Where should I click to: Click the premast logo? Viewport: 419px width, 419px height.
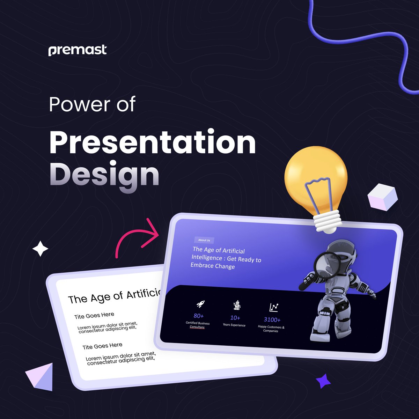pos(78,50)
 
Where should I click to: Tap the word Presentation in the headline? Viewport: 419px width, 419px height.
pos(153,142)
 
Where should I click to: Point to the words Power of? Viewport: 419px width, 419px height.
pos(92,104)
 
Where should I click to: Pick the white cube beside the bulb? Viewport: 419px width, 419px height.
pos(382,197)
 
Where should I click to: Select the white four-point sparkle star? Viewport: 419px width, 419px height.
pos(40,249)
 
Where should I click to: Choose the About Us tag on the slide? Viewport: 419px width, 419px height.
pos(204,240)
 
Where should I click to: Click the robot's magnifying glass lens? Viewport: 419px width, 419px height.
pos(327,266)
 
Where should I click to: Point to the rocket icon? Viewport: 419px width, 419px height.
pos(200,304)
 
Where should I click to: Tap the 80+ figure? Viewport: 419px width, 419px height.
pos(199,316)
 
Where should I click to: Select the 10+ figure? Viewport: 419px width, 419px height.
pos(235,318)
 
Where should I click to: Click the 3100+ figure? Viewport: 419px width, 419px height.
pos(272,319)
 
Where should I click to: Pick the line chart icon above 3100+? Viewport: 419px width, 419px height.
pos(274,307)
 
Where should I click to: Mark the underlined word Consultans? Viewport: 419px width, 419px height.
pos(197,327)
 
